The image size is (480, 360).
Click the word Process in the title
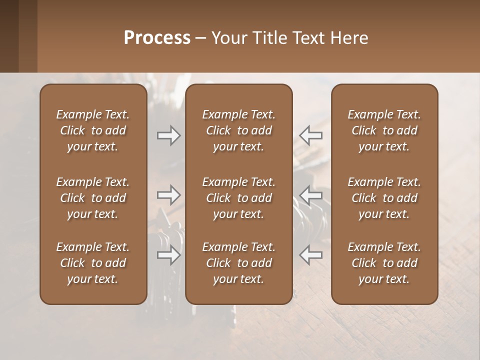(157, 38)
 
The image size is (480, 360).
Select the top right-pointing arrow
(168, 135)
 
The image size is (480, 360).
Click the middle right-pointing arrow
(168, 195)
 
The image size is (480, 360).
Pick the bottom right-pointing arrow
(168, 255)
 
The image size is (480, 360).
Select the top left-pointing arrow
(311, 135)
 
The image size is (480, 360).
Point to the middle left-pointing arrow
(311, 195)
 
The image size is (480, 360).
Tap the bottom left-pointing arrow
(311, 255)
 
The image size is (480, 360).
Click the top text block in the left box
(93, 130)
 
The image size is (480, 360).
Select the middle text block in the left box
(93, 198)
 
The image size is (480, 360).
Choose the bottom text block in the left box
(93, 263)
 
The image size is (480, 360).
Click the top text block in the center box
(239, 130)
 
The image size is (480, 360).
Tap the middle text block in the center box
(239, 198)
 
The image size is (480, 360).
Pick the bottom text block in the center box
(239, 263)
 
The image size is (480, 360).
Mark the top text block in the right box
(384, 130)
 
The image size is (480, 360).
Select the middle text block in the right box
(384, 198)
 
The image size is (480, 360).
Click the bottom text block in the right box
(384, 263)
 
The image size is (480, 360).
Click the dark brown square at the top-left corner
(9, 36)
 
